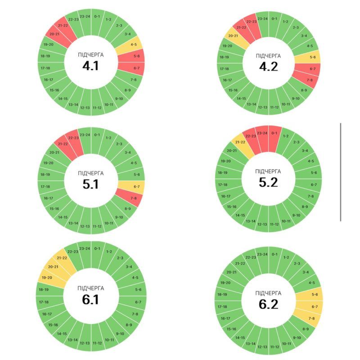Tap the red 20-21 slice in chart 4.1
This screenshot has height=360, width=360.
coord(55,34)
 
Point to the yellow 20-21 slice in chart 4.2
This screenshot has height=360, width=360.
coord(232,36)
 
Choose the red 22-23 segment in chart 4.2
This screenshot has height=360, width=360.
coord(252,22)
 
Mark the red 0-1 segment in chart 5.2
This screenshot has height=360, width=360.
coord(274,134)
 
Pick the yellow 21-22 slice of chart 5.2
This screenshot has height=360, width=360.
coord(240,142)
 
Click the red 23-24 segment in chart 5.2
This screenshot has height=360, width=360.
coord(262,134)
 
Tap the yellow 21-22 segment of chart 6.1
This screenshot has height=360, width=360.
coord(61,258)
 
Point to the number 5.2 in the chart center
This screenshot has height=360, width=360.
coord(268,182)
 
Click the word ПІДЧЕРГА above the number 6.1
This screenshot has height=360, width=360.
coord(90,288)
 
